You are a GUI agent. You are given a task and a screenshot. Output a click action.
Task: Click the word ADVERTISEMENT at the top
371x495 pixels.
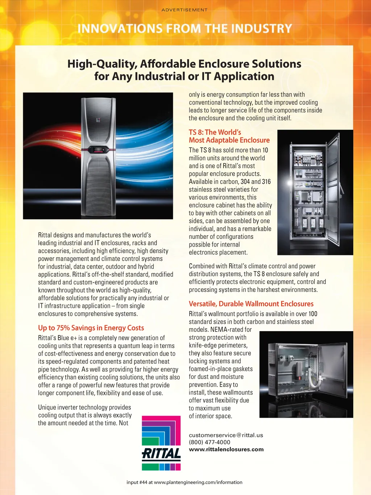184,10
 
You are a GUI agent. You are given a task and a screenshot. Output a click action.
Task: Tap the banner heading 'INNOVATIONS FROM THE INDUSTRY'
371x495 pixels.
185,29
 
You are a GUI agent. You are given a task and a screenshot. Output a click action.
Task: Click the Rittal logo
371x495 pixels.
161,443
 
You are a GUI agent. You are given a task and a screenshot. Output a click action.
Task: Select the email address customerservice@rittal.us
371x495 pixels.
226,435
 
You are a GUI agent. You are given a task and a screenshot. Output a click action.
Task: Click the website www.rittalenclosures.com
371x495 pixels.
226,449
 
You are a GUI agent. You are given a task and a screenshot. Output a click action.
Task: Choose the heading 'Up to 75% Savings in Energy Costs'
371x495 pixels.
91,328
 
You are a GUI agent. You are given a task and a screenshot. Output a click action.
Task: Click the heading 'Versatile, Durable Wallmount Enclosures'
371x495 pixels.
251,304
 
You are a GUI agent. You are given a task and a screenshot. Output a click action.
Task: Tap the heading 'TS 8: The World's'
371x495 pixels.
215,132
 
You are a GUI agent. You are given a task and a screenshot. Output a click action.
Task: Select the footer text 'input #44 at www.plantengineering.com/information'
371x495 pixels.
184,482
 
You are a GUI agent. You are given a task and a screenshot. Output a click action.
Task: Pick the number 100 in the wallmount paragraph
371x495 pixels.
313,314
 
